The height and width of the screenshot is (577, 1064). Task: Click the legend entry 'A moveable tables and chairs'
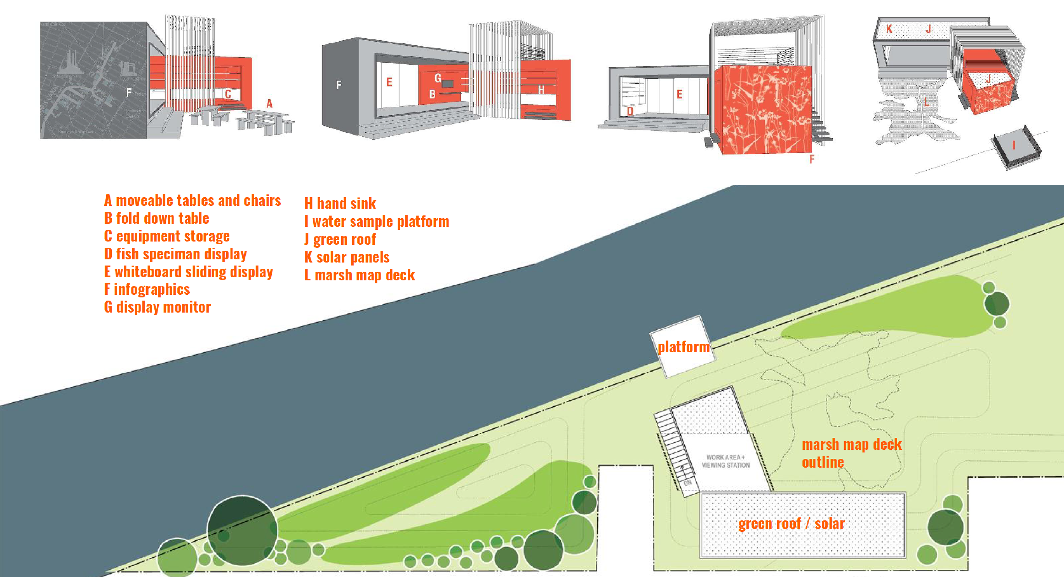point(193,200)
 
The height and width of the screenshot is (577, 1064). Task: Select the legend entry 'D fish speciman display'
point(176,254)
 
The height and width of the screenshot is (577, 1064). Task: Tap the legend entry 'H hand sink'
point(340,204)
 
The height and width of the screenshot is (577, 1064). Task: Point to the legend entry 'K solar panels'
point(347,257)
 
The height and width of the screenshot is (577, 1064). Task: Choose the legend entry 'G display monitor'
point(157,307)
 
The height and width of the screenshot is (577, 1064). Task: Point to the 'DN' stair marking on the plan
point(687,483)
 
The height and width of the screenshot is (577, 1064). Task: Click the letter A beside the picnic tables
point(269,104)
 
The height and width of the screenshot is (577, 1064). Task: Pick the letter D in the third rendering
point(630,111)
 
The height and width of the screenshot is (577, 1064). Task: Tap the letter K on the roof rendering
point(889,29)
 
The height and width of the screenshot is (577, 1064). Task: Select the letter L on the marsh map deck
point(927,102)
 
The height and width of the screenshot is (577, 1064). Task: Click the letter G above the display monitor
point(438,78)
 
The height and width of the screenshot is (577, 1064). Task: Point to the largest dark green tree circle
point(242,531)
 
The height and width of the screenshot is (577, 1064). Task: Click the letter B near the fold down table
point(432,94)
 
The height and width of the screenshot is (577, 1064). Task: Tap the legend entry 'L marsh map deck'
point(359,275)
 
